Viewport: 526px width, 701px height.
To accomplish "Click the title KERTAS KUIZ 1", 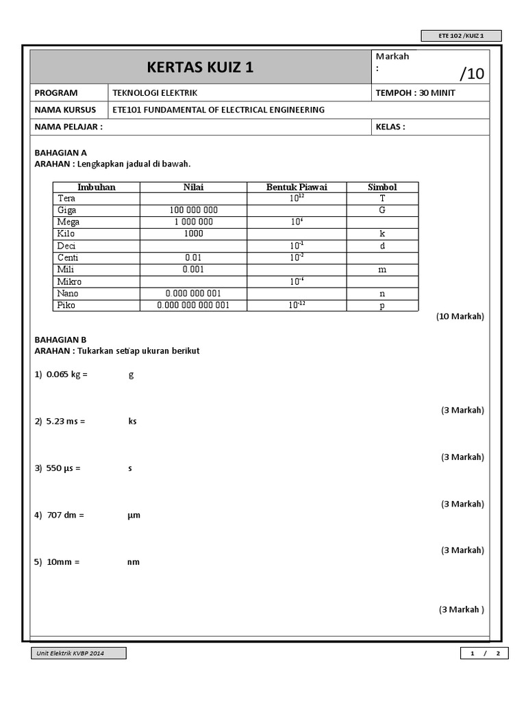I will (200, 68).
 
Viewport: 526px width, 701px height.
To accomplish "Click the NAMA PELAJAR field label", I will (68, 127).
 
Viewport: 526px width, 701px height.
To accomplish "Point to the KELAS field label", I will (390, 127).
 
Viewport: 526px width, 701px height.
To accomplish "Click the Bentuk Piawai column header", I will (297, 187).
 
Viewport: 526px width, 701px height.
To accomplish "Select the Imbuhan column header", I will (97, 187).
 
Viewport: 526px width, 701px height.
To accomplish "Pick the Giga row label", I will (67, 210).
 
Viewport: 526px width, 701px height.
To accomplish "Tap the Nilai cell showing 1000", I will (194, 234).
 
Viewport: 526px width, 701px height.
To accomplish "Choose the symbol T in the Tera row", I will (382, 199).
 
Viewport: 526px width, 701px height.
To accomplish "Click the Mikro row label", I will (69, 281).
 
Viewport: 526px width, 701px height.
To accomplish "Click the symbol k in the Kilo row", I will (382, 234).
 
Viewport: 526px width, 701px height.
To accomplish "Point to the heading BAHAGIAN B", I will (60, 340).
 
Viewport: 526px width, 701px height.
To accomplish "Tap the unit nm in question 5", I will (134, 562).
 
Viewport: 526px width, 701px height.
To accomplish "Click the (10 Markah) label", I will (460, 316).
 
